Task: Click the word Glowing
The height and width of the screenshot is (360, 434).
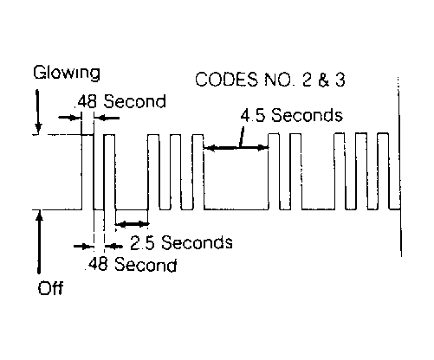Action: pyautogui.click(x=67, y=74)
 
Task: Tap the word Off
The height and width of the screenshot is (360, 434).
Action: pyautogui.click(x=50, y=287)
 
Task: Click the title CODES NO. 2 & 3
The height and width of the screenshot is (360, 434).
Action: pyautogui.click(x=270, y=80)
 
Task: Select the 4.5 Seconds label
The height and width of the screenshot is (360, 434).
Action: pyautogui.click(x=292, y=115)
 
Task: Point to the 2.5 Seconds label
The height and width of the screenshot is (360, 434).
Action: pyautogui.click(x=181, y=242)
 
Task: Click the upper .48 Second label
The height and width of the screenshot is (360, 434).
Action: pyautogui.click(x=120, y=101)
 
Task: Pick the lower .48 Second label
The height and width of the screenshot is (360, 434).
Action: pyautogui.click(x=132, y=264)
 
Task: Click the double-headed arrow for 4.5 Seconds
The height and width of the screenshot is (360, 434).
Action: pyautogui.click(x=236, y=148)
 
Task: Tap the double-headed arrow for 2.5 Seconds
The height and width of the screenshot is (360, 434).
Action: pyautogui.click(x=132, y=223)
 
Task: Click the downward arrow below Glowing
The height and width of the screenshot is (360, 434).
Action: pyautogui.click(x=38, y=112)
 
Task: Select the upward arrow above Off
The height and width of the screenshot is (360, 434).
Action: pyautogui.click(x=39, y=241)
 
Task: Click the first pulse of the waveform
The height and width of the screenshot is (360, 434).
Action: pyautogui.click(x=87, y=172)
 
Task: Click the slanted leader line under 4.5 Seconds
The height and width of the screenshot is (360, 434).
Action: pyautogui.click(x=242, y=138)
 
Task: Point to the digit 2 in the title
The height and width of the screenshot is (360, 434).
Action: pyautogui.click(x=308, y=80)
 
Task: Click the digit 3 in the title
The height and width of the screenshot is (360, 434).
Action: pyautogui.click(x=340, y=80)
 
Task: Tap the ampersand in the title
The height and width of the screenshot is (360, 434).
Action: pyautogui.click(x=324, y=80)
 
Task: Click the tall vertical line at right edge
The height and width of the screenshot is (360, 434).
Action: pyautogui.click(x=399, y=167)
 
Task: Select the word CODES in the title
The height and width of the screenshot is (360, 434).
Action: pyautogui.click(x=226, y=80)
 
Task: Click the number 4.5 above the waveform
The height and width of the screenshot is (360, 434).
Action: pyautogui.click(x=252, y=115)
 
